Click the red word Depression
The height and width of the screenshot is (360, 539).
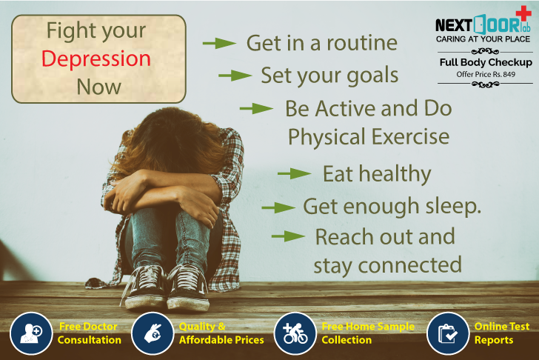96,59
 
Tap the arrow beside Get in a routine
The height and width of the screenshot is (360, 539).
219,43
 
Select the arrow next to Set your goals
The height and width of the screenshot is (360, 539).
235,76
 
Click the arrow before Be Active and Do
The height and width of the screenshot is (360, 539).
256,109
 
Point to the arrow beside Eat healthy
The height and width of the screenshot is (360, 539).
294,174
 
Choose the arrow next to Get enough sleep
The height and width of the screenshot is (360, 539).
278,207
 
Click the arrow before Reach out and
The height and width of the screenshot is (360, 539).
288,237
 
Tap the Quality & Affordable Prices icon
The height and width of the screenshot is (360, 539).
153,334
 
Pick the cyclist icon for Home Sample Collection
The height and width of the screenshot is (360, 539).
295,334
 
